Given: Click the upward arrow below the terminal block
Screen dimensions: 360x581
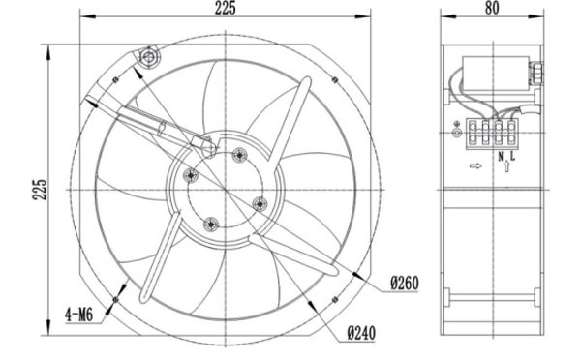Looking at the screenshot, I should click(x=507, y=166).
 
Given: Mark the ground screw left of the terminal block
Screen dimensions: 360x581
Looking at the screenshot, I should click(x=457, y=133).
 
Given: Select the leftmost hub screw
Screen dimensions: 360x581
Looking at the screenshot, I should click(x=191, y=175).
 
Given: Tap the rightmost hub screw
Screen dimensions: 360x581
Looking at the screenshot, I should click(x=260, y=201).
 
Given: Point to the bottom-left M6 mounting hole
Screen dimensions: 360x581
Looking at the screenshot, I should click(x=115, y=300).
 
